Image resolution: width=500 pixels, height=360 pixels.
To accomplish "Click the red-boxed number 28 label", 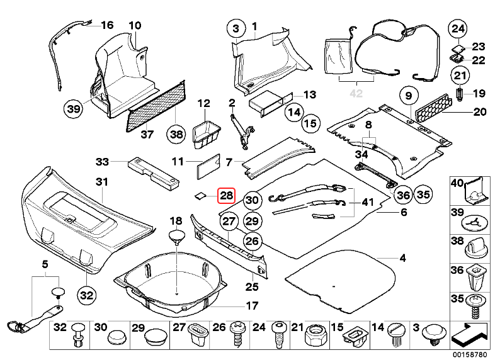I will coord(226,196).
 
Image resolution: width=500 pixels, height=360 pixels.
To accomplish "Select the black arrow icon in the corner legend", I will coord(472,331).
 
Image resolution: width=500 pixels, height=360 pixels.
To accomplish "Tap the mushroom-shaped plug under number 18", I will coord(176,238).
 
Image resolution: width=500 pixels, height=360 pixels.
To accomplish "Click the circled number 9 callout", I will coord(408,96).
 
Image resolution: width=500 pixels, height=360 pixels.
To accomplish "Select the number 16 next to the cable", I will coord(106,26).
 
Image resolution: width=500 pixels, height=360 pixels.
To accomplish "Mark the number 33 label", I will coord(103,162).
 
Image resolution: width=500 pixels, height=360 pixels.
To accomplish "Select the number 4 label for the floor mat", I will coord(402,259).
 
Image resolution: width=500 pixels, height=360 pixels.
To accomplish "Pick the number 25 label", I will coord(252,287).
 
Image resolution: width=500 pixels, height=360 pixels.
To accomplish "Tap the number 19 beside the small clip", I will coord(479,94).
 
